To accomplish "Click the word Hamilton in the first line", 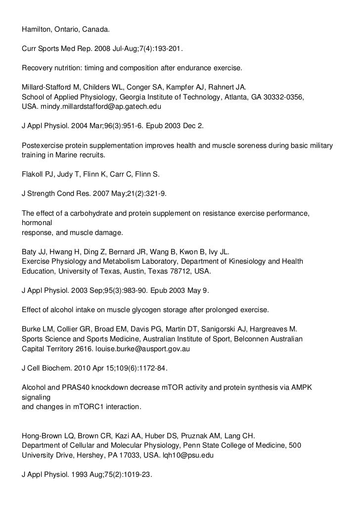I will pos(36,30).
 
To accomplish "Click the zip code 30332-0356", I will pos(280,97).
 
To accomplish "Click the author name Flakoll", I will pos(33,174).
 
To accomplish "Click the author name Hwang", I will pos(56,252).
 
